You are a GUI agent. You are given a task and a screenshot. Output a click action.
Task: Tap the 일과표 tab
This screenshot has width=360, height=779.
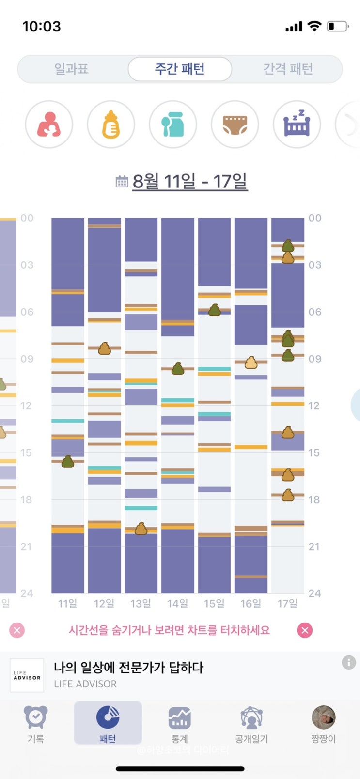(x=71, y=69)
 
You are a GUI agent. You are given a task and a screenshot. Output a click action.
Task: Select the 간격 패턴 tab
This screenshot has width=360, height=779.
(x=288, y=69)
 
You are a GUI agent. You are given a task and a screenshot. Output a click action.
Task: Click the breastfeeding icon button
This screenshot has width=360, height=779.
(x=49, y=125)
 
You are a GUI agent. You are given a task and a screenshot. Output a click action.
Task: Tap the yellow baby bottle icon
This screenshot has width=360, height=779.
(x=111, y=125)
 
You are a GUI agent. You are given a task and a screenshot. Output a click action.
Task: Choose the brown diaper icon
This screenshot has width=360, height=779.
(x=235, y=125)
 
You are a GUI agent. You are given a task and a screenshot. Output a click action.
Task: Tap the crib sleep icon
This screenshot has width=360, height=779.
(x=297, y=125)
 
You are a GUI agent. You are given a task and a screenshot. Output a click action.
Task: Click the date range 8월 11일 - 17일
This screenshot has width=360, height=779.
(x=189, y=182)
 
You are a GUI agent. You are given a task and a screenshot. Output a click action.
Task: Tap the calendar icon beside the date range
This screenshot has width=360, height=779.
(x=122, y=182)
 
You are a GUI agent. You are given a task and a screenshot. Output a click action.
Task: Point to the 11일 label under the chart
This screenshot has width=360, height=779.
(x=67, y=604)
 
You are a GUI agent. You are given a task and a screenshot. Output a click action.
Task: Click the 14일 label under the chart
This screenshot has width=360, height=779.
(x=177, y=604)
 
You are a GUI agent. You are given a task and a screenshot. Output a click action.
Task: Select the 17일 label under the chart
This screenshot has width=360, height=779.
(x=287, y=604)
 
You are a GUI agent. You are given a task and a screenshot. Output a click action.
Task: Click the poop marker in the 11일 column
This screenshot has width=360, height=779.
(x=68, y=462)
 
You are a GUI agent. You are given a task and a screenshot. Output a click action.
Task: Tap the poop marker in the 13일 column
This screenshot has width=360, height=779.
(x=141, y=529)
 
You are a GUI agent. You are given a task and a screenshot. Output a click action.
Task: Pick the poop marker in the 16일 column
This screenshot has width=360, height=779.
(x=251, y=362)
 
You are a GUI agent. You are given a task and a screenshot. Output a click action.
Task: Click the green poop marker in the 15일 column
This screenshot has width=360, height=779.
(x=214, y=310)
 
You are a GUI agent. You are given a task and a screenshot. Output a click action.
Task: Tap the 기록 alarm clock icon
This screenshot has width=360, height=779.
(x=36, y=718)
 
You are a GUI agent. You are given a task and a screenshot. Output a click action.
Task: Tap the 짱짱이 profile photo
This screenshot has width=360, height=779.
(x=323, y=718)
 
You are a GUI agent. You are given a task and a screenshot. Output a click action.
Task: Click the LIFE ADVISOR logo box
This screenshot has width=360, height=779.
(x=27, y=675)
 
